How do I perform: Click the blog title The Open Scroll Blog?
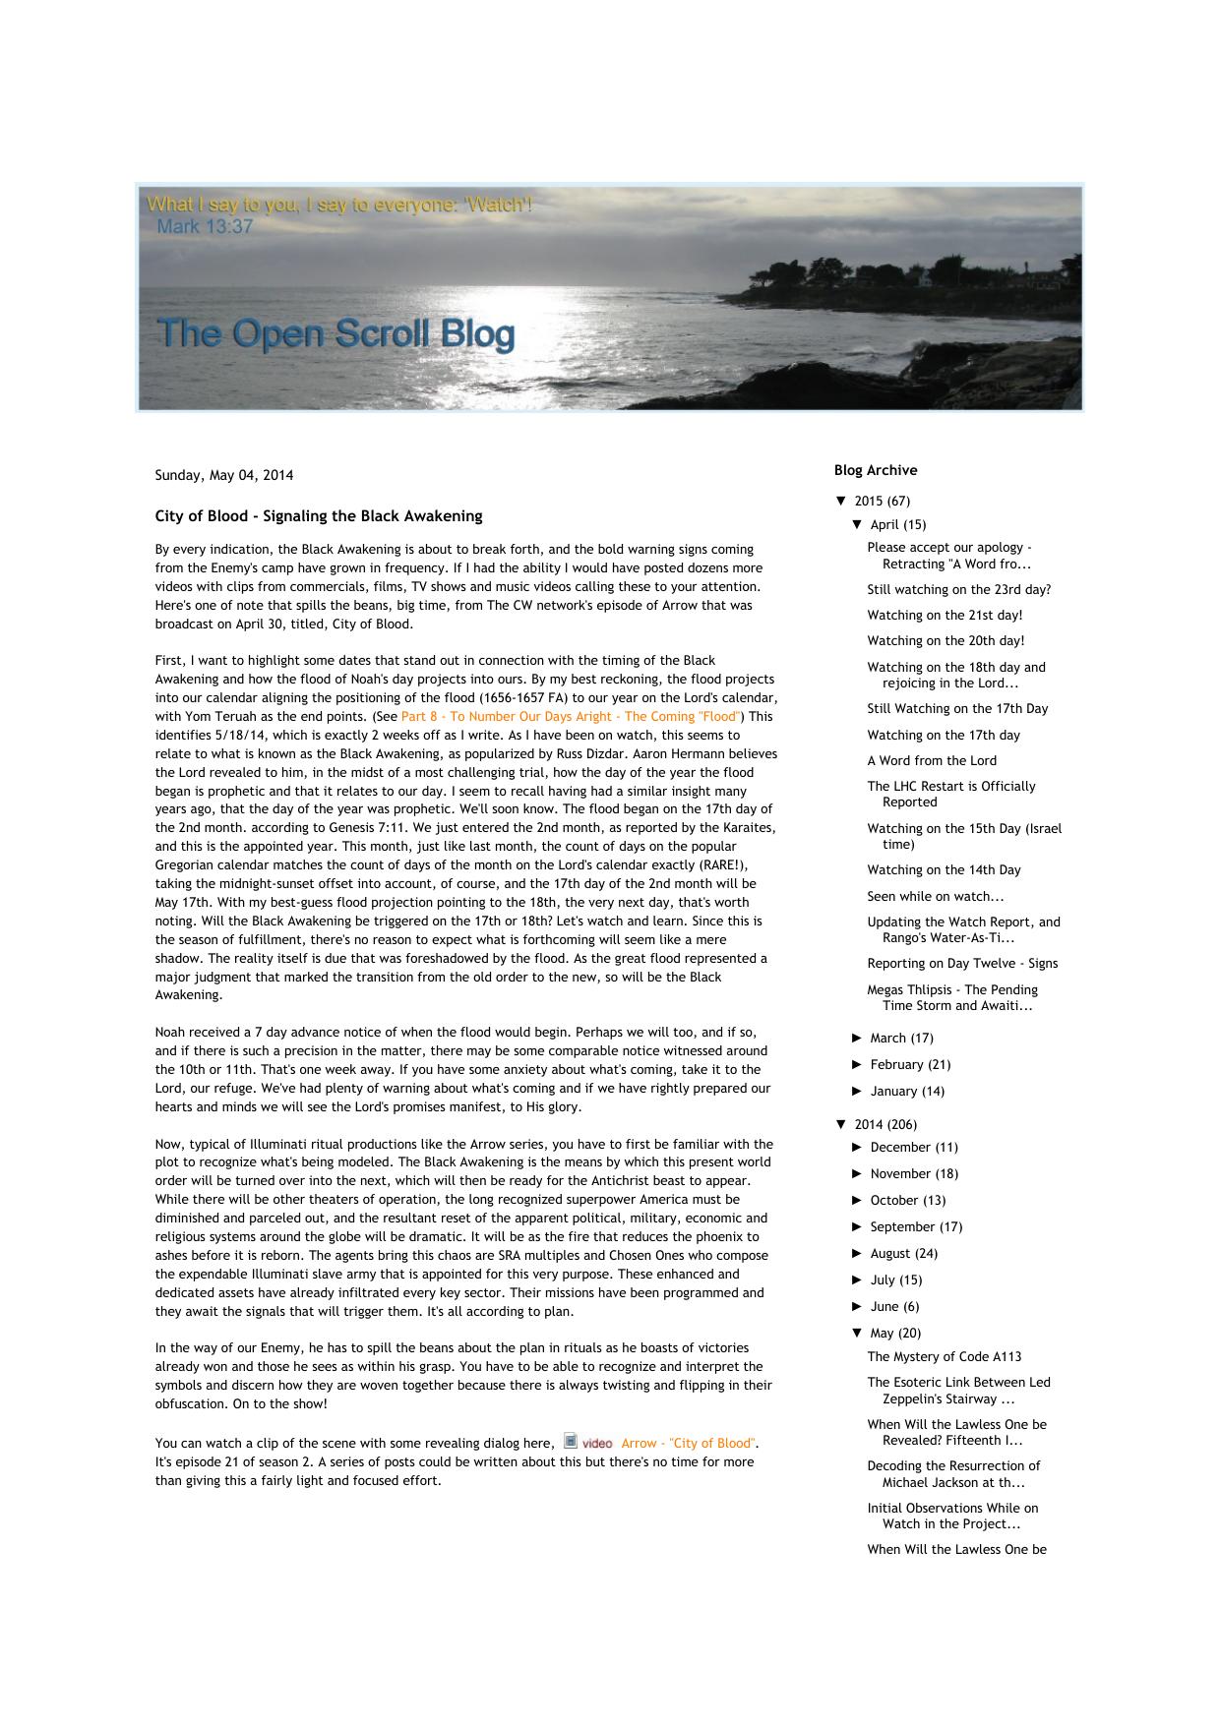[335, 334]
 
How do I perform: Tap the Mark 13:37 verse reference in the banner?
[205, 227]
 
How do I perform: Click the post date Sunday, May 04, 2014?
[223, 475]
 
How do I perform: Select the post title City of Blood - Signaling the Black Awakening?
[318, 516]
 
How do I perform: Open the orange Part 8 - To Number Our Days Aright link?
[570, 717]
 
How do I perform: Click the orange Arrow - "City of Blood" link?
[689, 1443]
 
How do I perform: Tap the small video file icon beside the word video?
[571, 1442]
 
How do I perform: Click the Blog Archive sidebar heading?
[875, 470]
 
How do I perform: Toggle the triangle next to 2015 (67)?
[840, 501]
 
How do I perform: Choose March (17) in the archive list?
[900, 1038]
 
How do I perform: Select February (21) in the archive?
[909, 1064]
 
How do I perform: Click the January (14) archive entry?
[906, 1091]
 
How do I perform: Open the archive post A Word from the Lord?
[931, 760]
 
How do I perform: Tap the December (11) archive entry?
[913, 1147]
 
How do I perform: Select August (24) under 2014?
[903, 1253]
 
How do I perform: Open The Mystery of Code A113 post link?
[944, 1356]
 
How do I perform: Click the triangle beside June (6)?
[857, 1306]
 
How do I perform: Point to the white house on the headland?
[925, 280]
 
